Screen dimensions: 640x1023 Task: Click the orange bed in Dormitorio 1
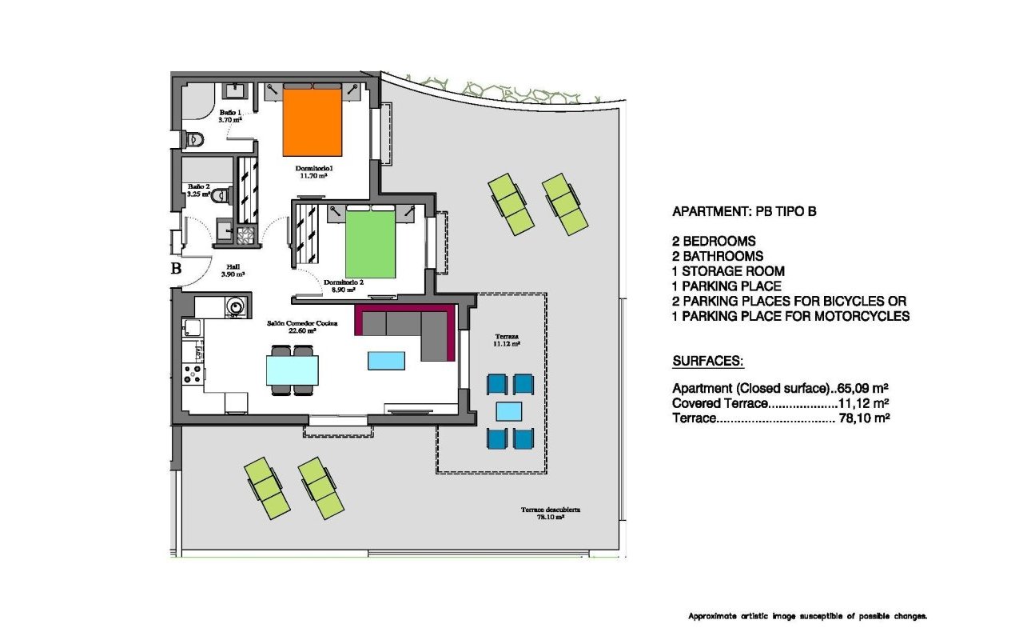coord(312,122)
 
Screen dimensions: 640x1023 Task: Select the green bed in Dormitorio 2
coord(370,243)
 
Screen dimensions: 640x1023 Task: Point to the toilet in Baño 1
coord(193,140)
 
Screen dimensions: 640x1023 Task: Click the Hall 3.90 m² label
coord(233,270)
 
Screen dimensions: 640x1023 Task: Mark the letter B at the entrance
coord(176,269)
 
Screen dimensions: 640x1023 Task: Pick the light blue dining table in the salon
coord(292,370)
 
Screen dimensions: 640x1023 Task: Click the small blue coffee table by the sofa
coord(386,361)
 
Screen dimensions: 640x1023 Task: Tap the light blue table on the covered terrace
coord(509,411)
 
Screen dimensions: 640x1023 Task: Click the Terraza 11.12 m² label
coord(507,339)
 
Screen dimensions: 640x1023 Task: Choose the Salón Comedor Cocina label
coord(302,325)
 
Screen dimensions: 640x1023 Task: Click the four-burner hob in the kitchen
coord(193,374)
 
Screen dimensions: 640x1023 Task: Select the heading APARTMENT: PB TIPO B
coord(744,212)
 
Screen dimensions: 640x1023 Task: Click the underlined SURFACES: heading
coord(708,362)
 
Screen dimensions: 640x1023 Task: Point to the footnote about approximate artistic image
coord(807,616)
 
